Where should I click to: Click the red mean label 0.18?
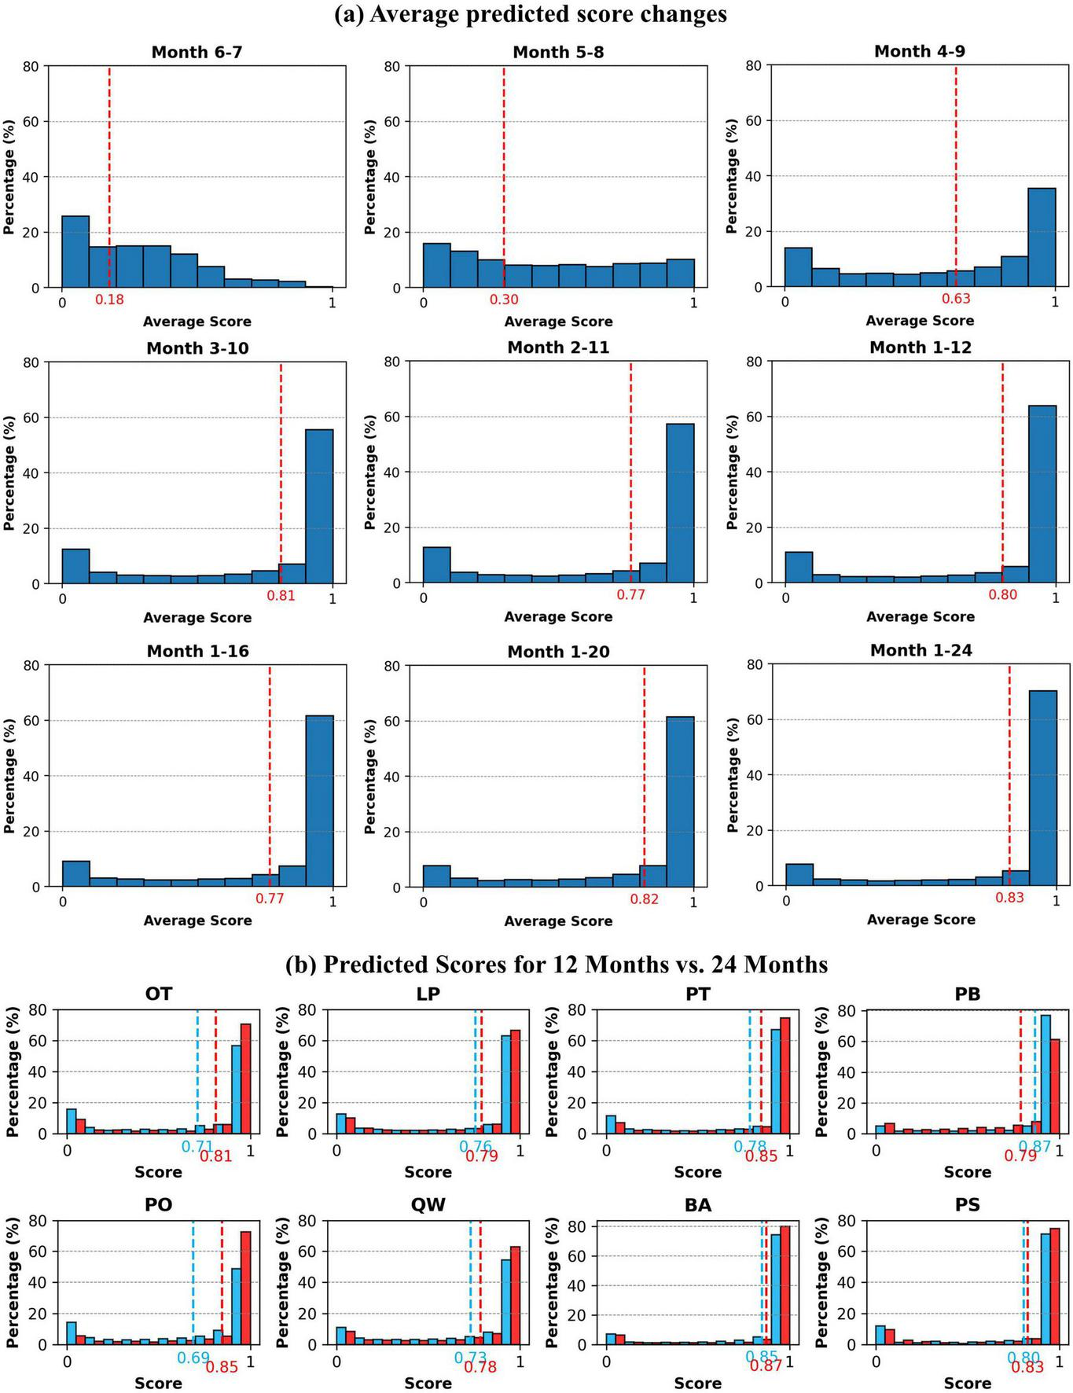pos(109,300)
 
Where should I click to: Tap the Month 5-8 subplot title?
pos(558,52)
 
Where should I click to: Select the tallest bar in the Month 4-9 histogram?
pos(1042,237)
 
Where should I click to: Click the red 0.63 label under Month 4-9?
pos(956,299)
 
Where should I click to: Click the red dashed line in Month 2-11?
pos(630,472)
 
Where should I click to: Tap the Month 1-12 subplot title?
pos(920,347)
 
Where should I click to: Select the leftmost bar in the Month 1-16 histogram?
pos(75,873)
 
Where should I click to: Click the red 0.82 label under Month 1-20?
pos(644,899)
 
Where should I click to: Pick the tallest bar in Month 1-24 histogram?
pos(1042,788)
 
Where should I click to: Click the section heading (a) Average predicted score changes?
pos(531,14)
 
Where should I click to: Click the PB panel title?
pos(967,994)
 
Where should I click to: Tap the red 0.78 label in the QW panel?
pos(480,1367)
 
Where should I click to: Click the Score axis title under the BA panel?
pos(697,1383)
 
